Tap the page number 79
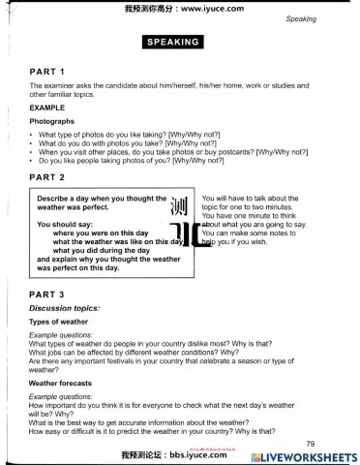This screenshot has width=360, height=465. click(337, 417)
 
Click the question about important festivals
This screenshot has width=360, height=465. click(165, 360)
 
